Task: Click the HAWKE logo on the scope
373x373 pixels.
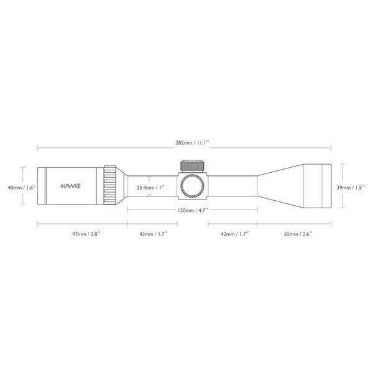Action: click(x=73, y=186)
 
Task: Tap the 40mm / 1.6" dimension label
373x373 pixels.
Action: click(x=14, y=186)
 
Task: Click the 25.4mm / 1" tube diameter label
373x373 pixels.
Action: click(x=151, y=186)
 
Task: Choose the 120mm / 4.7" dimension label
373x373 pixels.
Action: click(x=192, y=211)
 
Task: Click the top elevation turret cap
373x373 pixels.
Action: click(x=193, y=166)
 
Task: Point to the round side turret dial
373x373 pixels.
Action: click(x=193, y=186)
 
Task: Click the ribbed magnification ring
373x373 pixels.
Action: click(x=110, y=185)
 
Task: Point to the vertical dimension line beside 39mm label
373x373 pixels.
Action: click(x=341, y=186)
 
